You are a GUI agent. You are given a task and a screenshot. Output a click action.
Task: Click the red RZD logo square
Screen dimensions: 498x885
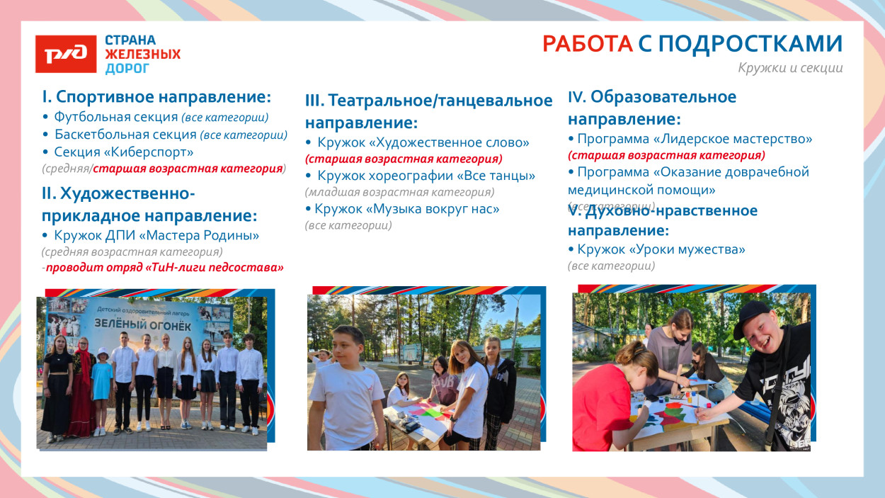coord(66,54)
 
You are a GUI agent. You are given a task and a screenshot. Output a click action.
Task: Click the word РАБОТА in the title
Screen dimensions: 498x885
coord(587,44)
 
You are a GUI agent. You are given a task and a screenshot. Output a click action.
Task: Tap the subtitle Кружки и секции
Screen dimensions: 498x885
coord(790,68)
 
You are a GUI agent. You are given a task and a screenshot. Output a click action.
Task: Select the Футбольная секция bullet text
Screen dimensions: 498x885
coord(116,117)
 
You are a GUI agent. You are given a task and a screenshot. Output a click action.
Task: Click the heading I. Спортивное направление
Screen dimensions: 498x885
coord(156,96)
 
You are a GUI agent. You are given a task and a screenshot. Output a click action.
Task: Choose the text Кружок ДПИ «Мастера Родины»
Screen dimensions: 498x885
coord(156,234)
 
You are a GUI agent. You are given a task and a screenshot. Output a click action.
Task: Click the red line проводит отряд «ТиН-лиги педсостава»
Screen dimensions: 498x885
coord(164,267)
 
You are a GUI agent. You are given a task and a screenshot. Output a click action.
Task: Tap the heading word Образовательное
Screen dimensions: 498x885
coord(663,97)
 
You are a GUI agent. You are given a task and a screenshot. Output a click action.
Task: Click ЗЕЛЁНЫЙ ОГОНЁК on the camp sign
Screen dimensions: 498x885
coord(134,323)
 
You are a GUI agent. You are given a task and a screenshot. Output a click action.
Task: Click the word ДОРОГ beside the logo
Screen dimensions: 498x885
coord(127,69)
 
